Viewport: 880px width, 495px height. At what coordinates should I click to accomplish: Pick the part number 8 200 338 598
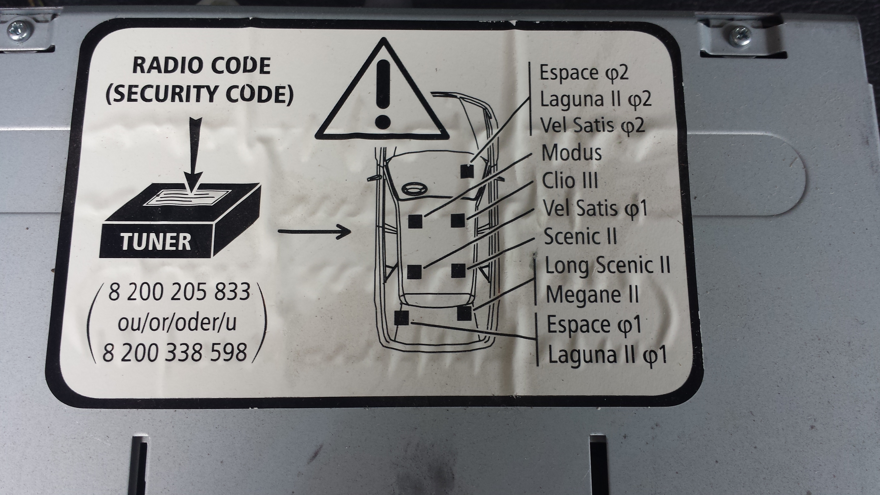point(175,353)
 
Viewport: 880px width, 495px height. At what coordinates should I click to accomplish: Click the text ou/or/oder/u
point(177,323)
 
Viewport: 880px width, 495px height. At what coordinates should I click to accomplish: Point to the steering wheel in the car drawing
point(413,188)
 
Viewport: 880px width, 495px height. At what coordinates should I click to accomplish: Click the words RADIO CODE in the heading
point(201,66)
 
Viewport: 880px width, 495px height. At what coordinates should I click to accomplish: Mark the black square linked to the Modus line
point(415,221)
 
